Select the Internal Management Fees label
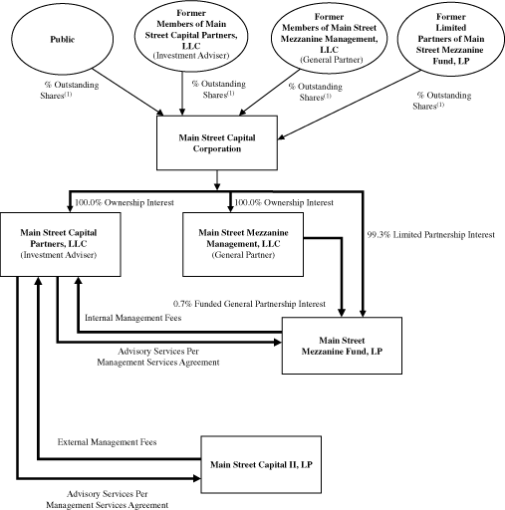134,319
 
